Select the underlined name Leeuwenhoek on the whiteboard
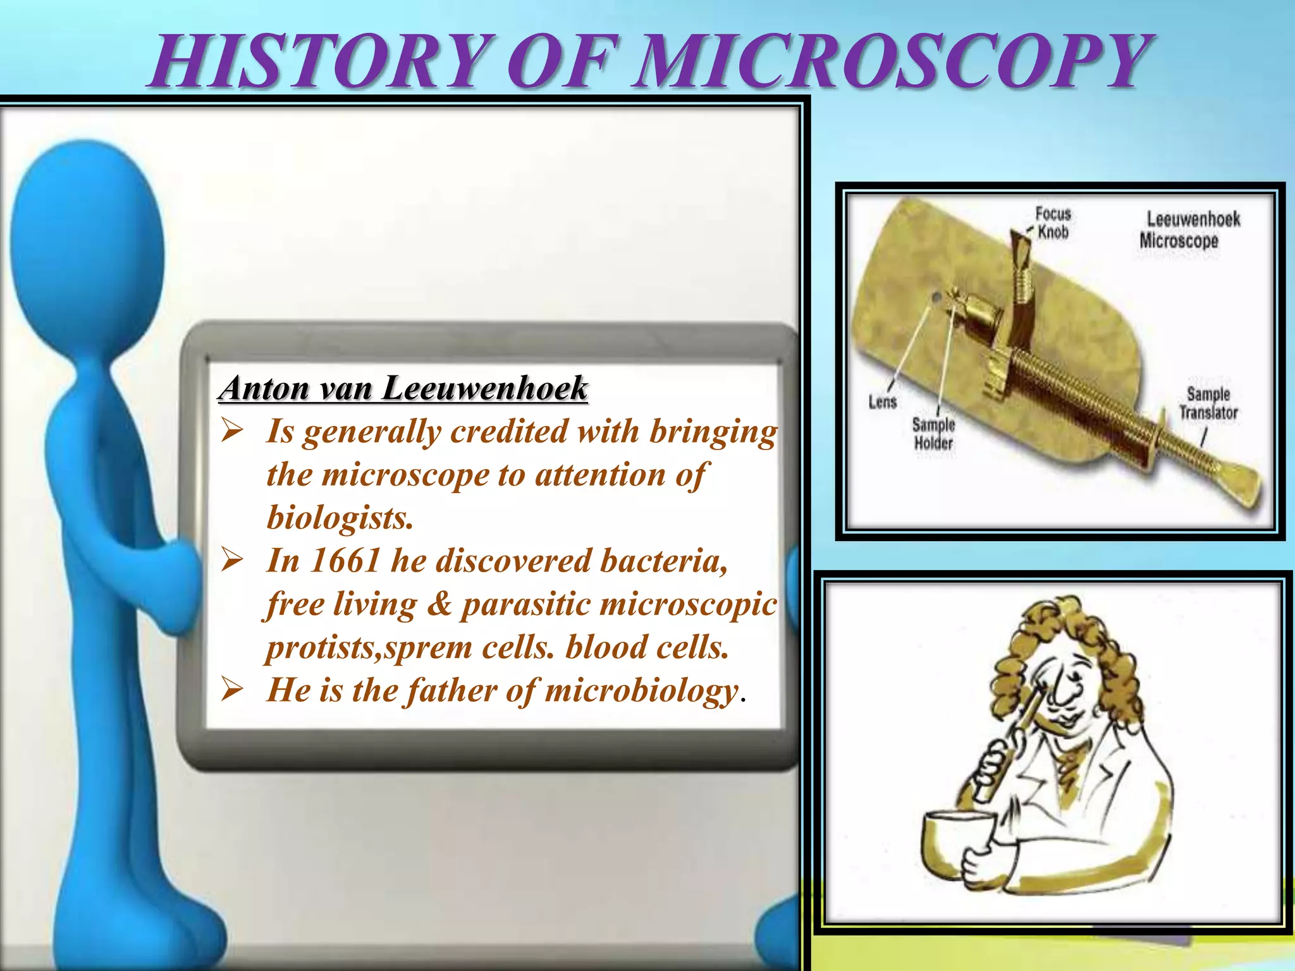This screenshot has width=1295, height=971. coord(485,388)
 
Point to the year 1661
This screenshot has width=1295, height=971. coord(345,561)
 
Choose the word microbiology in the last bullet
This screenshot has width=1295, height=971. coord(641,690)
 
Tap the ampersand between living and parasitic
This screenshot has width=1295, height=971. coord(440,604)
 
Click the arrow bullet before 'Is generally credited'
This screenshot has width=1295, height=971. coord(232,432)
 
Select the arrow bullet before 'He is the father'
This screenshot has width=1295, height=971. coord(232,690)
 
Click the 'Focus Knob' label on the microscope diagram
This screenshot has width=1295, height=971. coord(1053,223)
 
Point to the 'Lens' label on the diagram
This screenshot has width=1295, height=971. coord(883,402)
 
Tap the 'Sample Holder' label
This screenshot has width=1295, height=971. coord(933,434)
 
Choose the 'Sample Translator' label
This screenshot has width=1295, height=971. coord(1208,403)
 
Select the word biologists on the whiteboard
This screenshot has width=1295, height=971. coord(340,518)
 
